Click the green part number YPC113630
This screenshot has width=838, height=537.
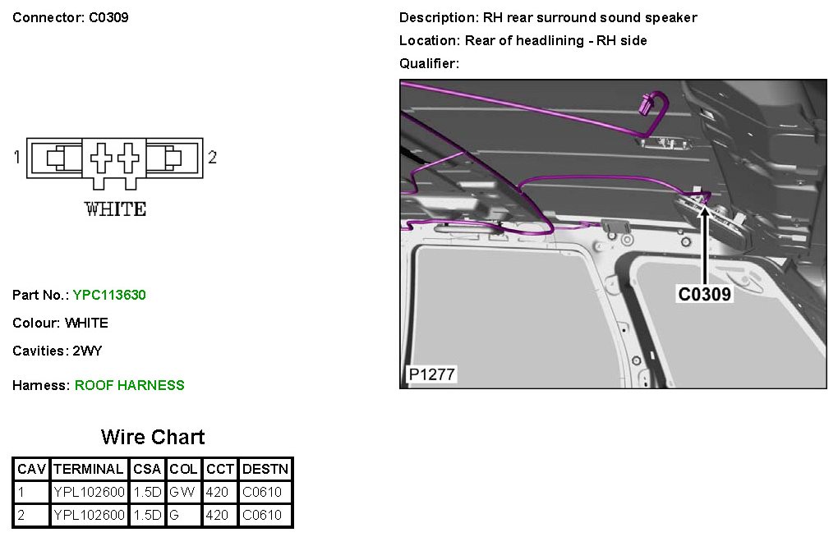(109, 295)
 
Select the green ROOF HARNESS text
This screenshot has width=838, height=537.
(129, 385)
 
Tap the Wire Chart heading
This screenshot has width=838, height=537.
(153, 437)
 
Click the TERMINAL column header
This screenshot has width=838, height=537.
(88, 469)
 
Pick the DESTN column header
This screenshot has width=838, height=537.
(265, 469)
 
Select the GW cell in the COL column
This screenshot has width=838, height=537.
(182, 492)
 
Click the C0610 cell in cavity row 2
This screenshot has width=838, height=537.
(262, 515)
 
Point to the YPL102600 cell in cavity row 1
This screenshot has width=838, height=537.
(89, 492)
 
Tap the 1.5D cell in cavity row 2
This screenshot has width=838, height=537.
(147, 515)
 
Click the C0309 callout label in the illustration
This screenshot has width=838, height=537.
(704, 294)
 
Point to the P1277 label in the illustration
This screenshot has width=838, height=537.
(432, 374)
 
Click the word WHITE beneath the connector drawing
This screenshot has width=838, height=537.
(115, 209)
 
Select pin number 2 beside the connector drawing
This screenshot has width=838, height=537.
(212, 157)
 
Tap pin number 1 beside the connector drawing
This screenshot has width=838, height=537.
(17, 157)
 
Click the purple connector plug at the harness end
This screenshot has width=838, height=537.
(647, 103)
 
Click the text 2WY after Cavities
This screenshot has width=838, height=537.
(87, 351)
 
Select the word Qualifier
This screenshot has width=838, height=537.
(429, 63)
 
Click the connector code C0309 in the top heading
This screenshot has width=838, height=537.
(108, 17)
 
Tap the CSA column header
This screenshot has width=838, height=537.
(147, 469)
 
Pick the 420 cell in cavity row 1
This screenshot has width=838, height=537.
(217, 492)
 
